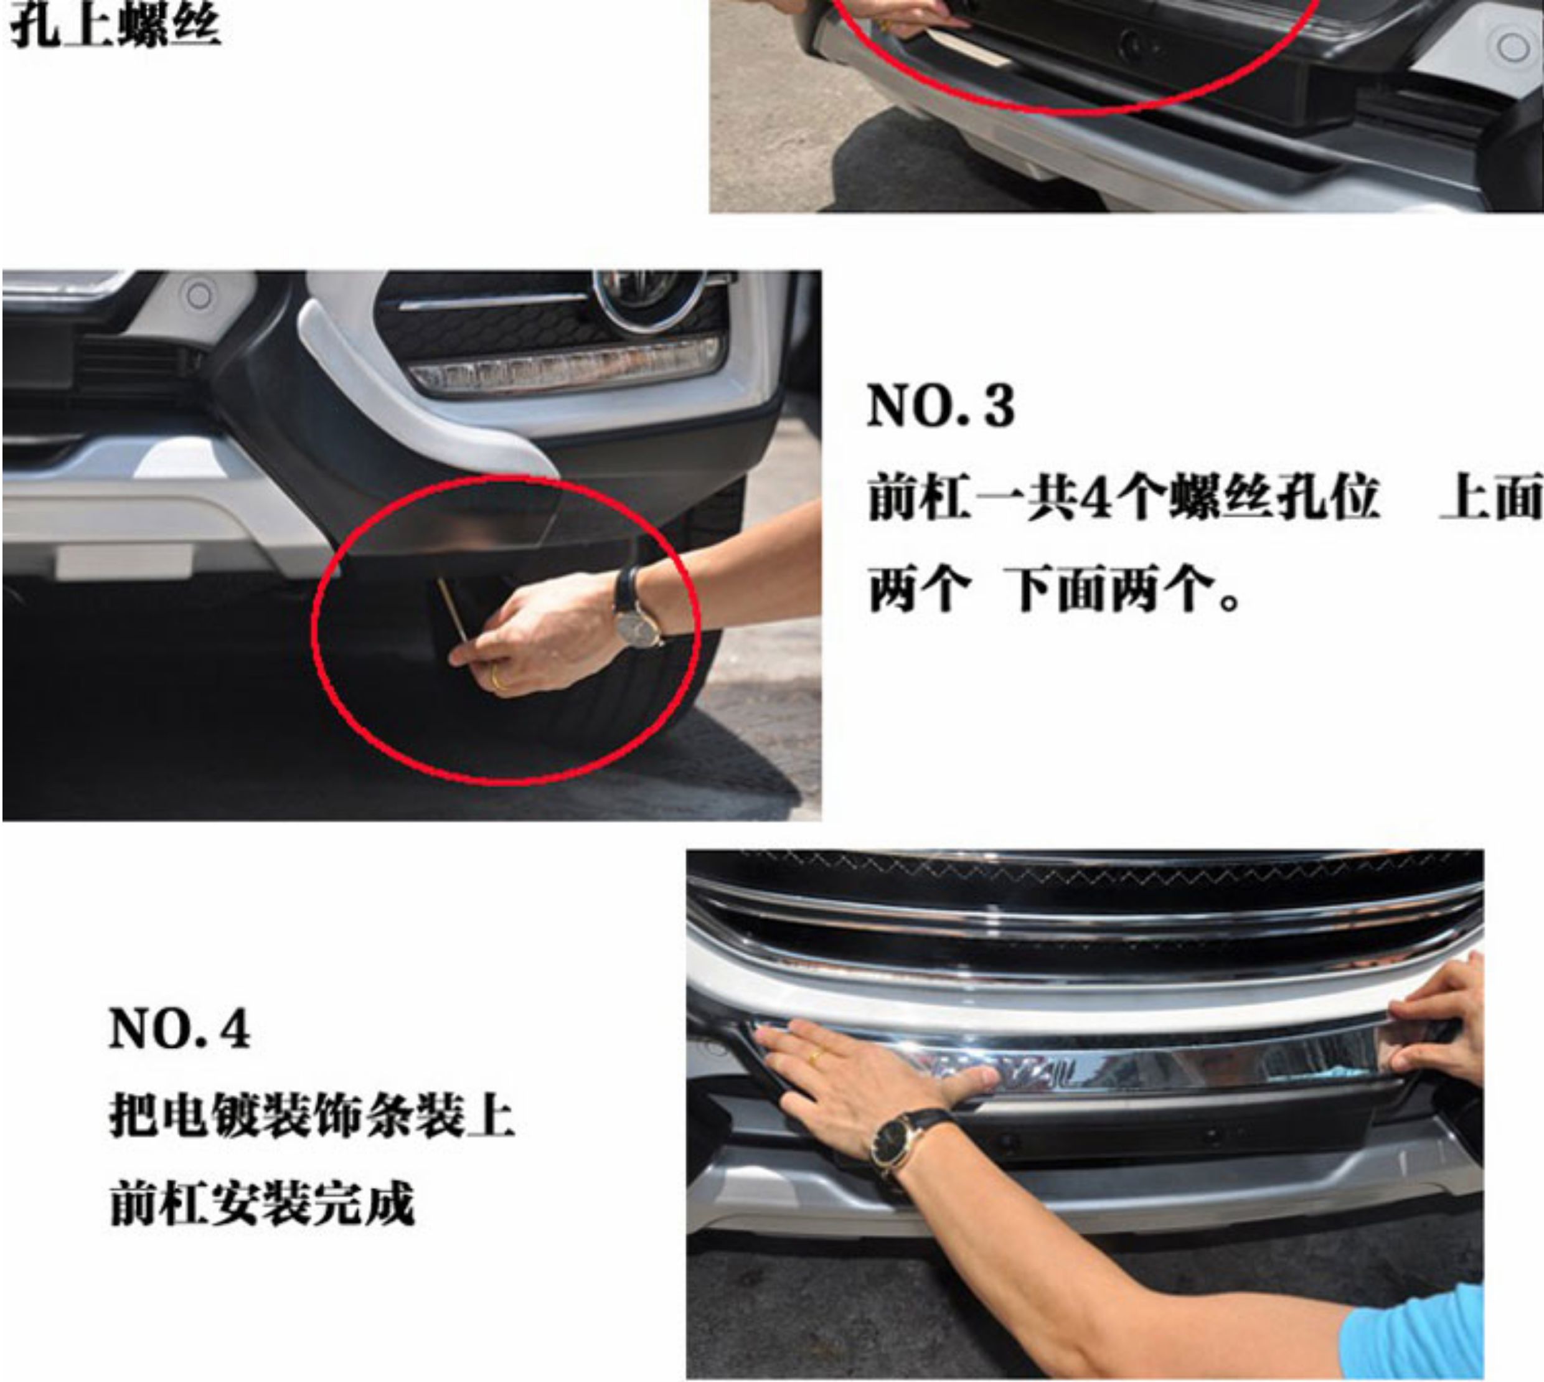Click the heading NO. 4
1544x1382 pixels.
(180, 1029)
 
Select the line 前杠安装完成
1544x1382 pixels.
(262, 1203)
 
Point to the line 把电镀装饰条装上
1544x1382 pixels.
(312, 1116)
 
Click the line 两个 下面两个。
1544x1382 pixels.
(1057, 590)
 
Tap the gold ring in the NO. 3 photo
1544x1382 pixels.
(498, 677)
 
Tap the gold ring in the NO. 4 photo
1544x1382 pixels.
(816, 1055)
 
